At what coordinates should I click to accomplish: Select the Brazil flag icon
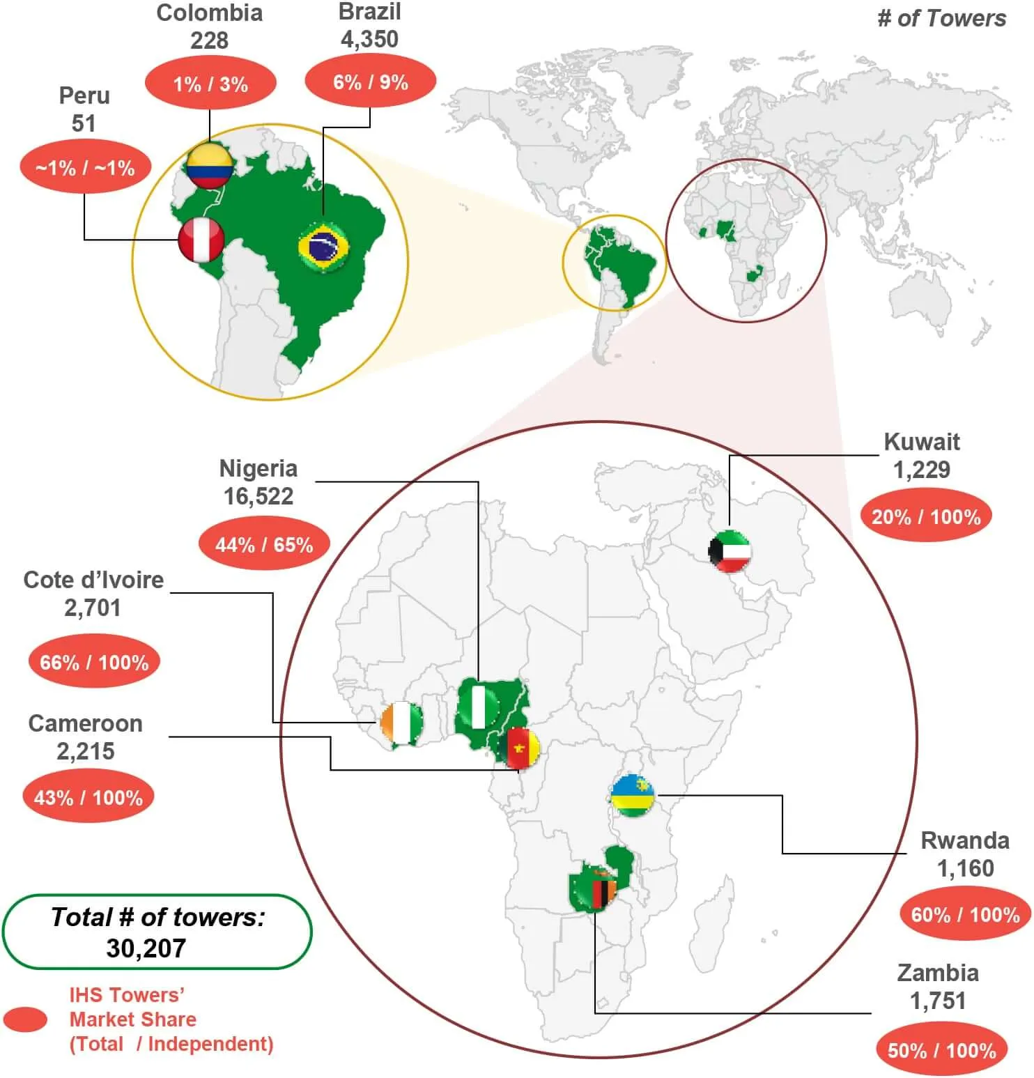pos(323,246)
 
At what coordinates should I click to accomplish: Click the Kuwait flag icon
pos(730,551)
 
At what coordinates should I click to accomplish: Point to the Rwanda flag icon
pos(633,795)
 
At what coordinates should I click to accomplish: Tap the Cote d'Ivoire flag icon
pos(402,723)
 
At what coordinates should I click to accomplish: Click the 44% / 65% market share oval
pos(264,544)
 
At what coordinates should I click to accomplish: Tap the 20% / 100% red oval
pos(926,516)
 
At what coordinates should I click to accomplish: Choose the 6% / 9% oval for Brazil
pos(370,82)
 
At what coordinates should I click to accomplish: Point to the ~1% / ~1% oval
pos(85,168)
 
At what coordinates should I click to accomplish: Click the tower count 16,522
pos(258,496)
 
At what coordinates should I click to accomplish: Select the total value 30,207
pos(146,948)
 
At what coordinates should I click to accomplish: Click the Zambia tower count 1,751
pos(938,1001)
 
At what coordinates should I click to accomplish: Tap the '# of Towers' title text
pos(941,19)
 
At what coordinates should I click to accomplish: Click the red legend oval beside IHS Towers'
pos(25,1019)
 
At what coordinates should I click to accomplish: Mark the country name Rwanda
pos(964,840)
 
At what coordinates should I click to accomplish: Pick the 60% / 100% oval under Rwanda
pos(965,914)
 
